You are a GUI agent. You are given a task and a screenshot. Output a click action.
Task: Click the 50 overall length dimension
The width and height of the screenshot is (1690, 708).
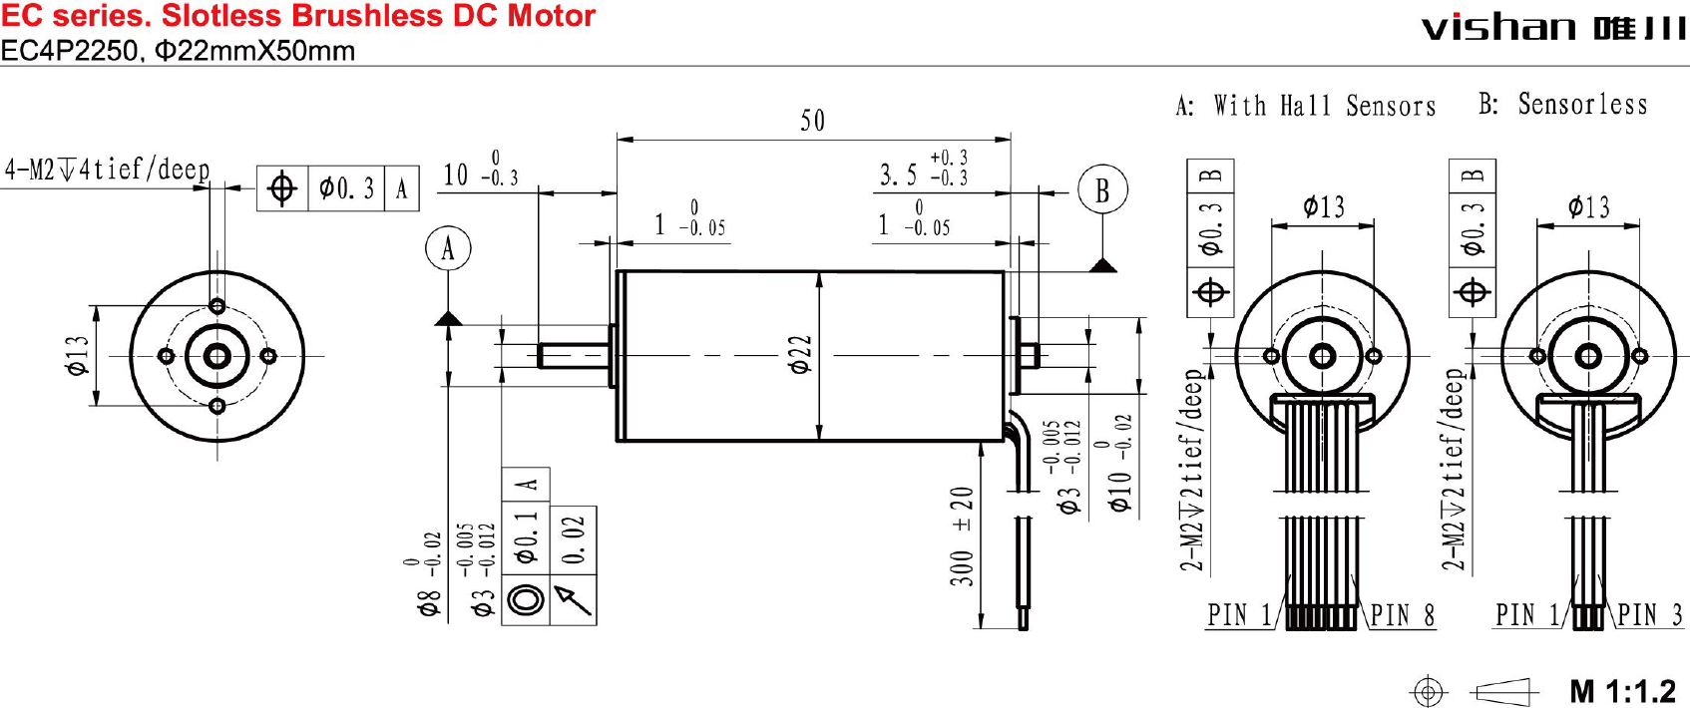[812, 122]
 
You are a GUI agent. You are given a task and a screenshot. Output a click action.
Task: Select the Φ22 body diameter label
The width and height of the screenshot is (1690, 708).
[800, 354]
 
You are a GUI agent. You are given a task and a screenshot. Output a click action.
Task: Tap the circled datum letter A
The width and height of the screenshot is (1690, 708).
[448, 248]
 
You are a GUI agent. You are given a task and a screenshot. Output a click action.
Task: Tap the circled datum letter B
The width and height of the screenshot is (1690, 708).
[1102, 189]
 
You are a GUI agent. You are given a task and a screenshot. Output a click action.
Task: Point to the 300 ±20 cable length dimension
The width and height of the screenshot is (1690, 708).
[962, 535]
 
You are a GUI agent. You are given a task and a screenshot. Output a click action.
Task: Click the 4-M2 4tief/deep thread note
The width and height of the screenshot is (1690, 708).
[107, 170]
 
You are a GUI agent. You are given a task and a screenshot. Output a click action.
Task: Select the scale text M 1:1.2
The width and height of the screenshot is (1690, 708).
[1622, 690]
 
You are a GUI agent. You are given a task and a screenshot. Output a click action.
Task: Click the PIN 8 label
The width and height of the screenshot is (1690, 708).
[1403, 615]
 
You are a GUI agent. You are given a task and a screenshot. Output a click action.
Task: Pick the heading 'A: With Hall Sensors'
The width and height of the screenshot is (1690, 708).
[1306, 106]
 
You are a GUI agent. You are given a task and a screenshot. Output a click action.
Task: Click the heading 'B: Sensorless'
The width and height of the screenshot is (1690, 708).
[1562, 104]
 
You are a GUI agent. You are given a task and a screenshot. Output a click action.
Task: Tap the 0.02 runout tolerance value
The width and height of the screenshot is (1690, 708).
[573, 539]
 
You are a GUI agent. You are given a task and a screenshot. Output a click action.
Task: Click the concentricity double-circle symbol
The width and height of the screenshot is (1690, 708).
[526, 599]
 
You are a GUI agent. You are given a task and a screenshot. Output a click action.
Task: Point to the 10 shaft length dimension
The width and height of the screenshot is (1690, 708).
[457, 176]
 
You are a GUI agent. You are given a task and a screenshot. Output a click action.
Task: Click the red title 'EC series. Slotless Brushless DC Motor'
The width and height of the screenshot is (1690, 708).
[298, 16]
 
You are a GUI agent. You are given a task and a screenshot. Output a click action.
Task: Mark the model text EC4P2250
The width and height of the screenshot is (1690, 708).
[69, 51]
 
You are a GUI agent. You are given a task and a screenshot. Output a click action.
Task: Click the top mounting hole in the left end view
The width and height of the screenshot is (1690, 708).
[217, 305]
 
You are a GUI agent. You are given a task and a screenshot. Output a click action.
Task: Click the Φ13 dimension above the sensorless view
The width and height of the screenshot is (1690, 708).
[1588, 207]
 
